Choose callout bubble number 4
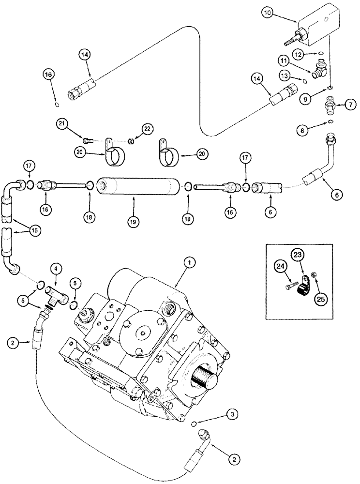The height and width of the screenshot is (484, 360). pos(57,268)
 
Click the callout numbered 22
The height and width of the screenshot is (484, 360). pos(147,128)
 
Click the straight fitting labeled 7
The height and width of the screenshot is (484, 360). pos(331,105)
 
